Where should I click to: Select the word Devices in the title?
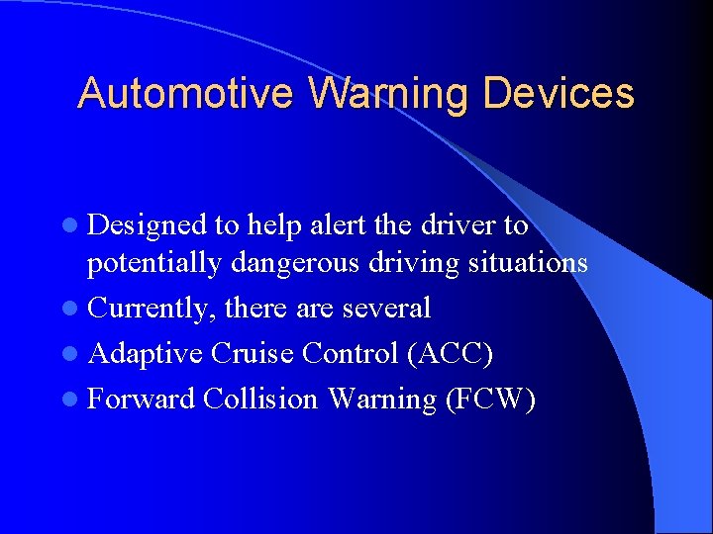pos(559,94)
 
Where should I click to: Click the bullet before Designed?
pos(77,226)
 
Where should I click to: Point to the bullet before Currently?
pos(77,309)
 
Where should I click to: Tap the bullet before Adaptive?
pos(77,354)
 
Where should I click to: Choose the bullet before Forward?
pos(77,400)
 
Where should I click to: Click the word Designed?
pos(149,226)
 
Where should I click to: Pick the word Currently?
pos(152,309)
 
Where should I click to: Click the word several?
pos(386,309)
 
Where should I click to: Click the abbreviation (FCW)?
pos(490,399)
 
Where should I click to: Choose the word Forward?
pos(142,399)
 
